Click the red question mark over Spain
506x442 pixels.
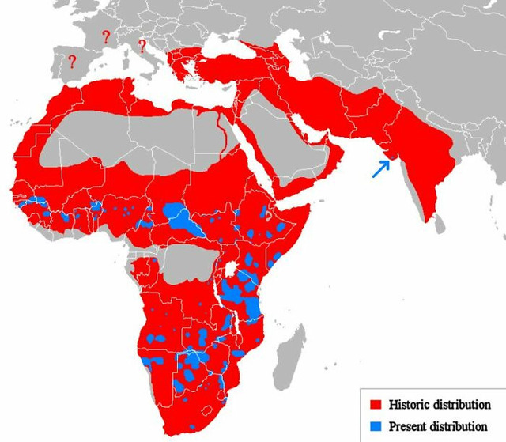pyautogui.click(x=72, y=61)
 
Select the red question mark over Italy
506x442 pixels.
pyautogui.click(x=142, y=45)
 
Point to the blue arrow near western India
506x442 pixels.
pyautogui.click(x=381, y=168)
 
